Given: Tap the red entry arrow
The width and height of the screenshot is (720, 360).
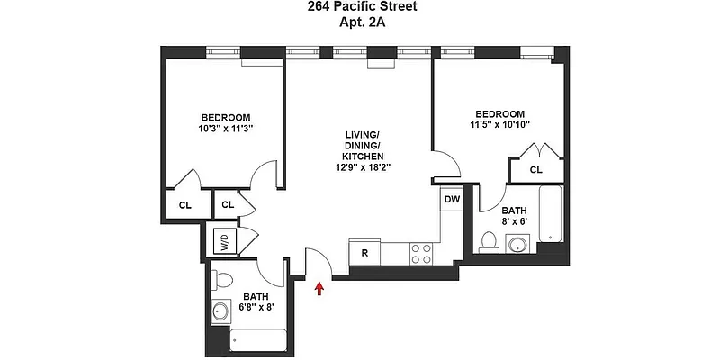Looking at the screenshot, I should [319, 287].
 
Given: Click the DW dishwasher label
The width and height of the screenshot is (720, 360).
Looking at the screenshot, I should [452, 200].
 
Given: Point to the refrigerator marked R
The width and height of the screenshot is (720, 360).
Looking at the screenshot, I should [364, 253].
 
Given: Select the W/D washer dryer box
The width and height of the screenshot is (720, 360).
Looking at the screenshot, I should [221, 241].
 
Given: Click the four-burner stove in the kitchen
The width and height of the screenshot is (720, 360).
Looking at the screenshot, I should [421, 253].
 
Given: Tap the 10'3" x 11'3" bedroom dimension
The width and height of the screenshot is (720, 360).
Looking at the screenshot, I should [225, 129].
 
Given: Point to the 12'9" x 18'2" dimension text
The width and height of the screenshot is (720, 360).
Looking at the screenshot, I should [364, 167].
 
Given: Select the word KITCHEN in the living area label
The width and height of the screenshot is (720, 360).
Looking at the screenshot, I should [364, 157].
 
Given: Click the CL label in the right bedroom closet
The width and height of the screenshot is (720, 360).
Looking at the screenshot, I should [535, 169].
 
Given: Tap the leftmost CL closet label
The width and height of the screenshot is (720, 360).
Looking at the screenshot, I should [184, 205].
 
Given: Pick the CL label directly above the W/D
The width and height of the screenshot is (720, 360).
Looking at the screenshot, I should [228, 205].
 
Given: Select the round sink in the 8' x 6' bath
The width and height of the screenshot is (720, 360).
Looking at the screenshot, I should [517, 244].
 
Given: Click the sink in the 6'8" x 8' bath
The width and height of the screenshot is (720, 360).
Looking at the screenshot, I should [221, 311].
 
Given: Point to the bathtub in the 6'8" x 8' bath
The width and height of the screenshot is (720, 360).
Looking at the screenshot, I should [258, 340].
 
